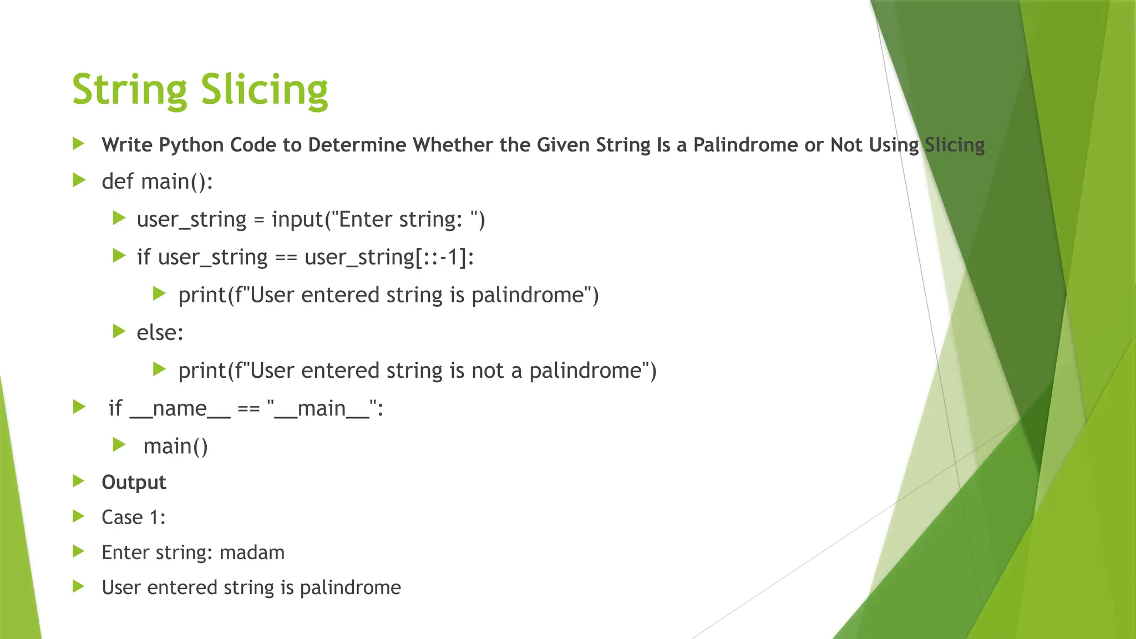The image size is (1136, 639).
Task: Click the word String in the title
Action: click(130, 90)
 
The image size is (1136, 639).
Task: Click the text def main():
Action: click(157, 181)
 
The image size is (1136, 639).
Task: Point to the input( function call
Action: click(297, 219)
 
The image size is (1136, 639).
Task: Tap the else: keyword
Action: click(160, 332)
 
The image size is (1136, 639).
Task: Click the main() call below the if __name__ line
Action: click(175, 446)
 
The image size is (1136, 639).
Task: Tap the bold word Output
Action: click(134, 482)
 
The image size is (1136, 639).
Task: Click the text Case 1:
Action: click(133, 517)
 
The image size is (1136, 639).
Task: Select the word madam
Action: click(252, 552)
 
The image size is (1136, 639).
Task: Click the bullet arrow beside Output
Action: click(79, 481)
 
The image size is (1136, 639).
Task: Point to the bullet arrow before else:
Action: click(119, 331)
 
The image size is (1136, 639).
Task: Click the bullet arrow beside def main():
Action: click(79, 180)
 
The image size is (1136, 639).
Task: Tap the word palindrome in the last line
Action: click(350, 587)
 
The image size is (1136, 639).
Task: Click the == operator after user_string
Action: click(286, 257)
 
